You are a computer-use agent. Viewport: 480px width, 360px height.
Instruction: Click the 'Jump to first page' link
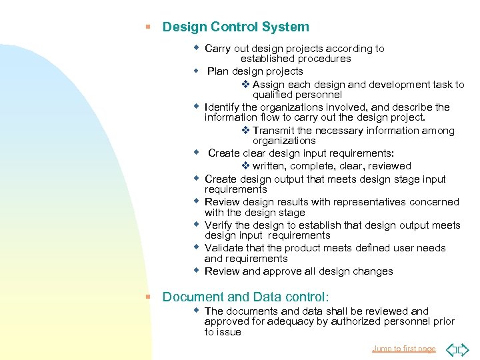point(403,349)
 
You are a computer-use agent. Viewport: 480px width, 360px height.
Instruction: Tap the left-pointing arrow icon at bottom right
point(451,349)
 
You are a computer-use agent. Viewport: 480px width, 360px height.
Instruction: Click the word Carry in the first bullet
point(218,49)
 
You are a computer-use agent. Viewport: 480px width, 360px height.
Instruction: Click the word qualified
point(274,95)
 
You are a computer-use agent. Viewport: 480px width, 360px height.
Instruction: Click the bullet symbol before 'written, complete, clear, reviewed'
point(245,166)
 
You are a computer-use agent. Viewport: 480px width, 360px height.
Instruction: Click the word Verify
point(218,225)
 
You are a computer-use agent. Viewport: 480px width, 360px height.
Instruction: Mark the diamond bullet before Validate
point(197,247)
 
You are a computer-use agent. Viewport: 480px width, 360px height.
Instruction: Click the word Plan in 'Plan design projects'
point(218,71)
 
